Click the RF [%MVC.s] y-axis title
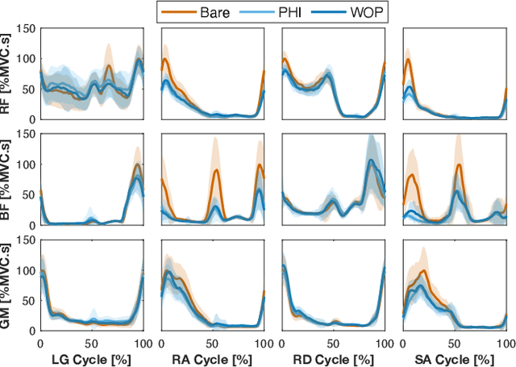pos(9,73)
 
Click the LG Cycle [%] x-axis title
pos(91,358)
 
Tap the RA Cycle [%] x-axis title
pos(213,358)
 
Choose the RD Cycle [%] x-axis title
pos(334,358)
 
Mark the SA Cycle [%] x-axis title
pos(455,358)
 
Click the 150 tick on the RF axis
pos(26,29)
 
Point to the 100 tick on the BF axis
pos(26,165)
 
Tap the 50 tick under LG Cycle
pos(91,342)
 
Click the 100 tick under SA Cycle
pos(505,342)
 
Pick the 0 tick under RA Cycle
pos(162,342)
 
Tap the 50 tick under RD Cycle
pos(334,342)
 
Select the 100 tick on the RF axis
pos(26,59)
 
